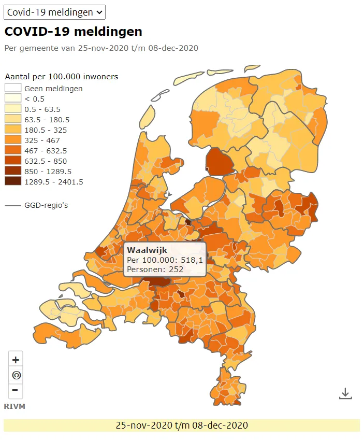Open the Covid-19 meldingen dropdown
click(54, 12)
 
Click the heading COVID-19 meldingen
click(73, 32)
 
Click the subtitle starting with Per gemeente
click(101, 48)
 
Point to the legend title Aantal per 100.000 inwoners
click(61, 77)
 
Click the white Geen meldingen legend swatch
click(13, 88)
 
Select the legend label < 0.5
click(34, 98)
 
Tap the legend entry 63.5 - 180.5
click(47, 119)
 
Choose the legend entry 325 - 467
click(42, 140)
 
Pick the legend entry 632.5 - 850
click(46, 161)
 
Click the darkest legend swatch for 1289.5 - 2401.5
click(13, 181)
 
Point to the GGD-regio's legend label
click(46, 205)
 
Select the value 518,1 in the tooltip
click(191, 260)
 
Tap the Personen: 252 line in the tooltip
click(155, 269)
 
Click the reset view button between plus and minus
click(16, 375)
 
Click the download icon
click(345, 393)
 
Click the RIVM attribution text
click(14, 406)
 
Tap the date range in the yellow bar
click(181, 425)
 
